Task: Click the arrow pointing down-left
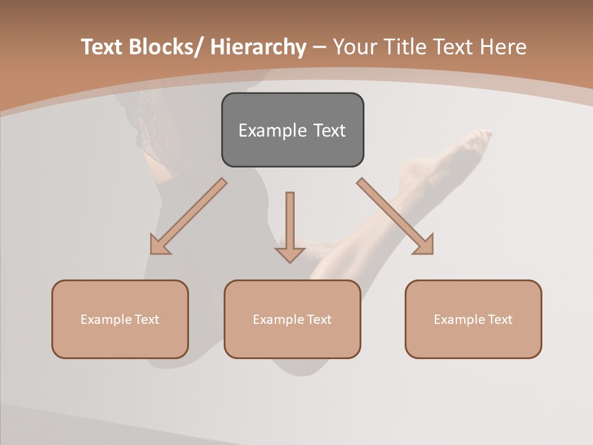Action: click(188, 216)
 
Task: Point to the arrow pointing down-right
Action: click(395, 216)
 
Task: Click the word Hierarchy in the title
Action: click(258, 47)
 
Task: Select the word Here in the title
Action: click(502, 47)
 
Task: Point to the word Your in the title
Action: click(354, 47)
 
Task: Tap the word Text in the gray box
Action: click(329, 130)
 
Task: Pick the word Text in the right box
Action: click(500, 320)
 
